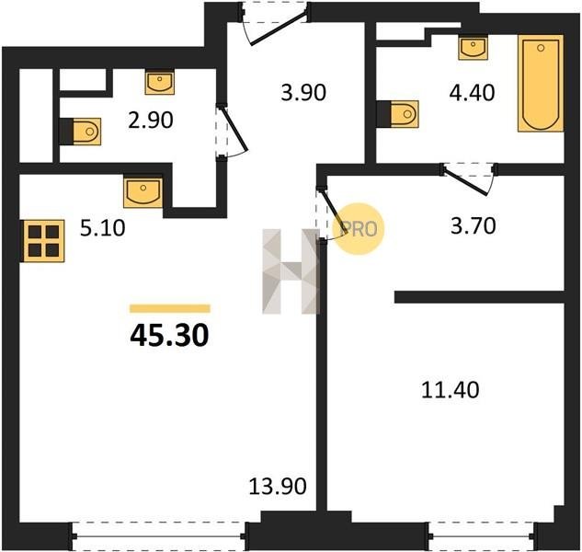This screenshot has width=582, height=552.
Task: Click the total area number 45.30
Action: pos(169,335)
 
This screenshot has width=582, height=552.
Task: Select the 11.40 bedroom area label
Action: pos(451,390)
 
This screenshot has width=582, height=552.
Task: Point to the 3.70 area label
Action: pos(474,225)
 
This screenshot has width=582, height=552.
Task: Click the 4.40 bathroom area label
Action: pos(472,93)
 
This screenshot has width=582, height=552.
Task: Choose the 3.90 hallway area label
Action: pos(303,93)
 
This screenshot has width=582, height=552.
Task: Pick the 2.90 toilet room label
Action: pos(151,121)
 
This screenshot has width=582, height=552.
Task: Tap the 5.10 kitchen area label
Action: pos(103,228)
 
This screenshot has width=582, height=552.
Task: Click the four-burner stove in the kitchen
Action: pos(43,241)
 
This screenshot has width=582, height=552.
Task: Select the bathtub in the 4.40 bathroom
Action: pos(541,83)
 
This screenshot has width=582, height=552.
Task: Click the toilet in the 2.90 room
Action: pos(81,132)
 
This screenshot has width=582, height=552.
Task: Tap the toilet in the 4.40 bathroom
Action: pos(398,114)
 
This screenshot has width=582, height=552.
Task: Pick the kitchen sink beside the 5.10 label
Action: pos(143,193)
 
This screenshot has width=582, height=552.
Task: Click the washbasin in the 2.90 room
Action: pos(160,83)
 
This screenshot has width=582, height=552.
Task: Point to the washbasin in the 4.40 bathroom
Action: pos(473,48)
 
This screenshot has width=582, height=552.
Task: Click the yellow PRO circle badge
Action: pos(359,229)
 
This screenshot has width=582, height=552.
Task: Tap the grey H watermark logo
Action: pos(291,271)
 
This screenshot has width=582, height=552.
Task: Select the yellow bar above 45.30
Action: pos(170,309)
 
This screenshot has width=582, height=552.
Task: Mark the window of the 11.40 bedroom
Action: pos(483,536)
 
